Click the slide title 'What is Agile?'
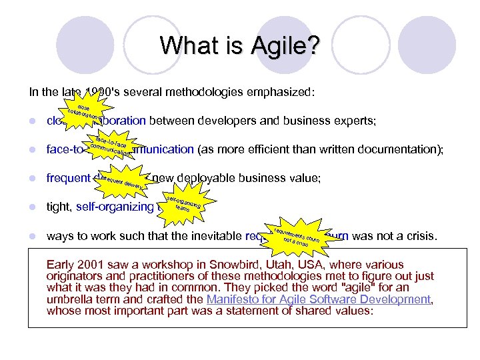[240, 46]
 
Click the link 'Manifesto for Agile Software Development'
[319, 300]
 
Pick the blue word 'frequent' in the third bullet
[69, 178]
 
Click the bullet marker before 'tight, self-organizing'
[31, 207]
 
